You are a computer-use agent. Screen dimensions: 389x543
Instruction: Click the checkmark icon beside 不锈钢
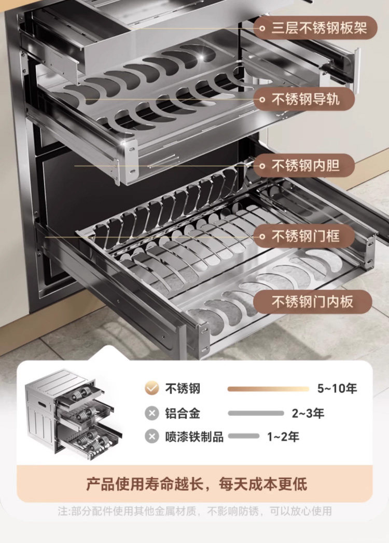[151, 388]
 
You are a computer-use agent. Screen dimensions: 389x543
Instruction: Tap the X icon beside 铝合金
[151, 414]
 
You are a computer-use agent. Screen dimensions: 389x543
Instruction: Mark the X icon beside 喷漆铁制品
[151, 437]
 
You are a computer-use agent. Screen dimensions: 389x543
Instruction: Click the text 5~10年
[337, 389]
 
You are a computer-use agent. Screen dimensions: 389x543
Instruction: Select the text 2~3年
[308, 414]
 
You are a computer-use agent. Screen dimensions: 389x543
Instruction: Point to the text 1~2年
[283, 437]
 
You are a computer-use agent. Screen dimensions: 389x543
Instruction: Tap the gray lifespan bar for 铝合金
[256, 414]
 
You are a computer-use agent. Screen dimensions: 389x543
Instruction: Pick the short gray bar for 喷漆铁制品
[244, 437]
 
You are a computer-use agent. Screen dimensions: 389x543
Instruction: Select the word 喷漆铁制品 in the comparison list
[195, 437]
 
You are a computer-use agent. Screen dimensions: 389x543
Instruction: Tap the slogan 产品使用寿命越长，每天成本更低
[197, 484]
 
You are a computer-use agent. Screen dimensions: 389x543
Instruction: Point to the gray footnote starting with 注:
[195, 511]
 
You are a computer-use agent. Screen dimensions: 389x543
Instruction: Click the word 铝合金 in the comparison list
[183, 414]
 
